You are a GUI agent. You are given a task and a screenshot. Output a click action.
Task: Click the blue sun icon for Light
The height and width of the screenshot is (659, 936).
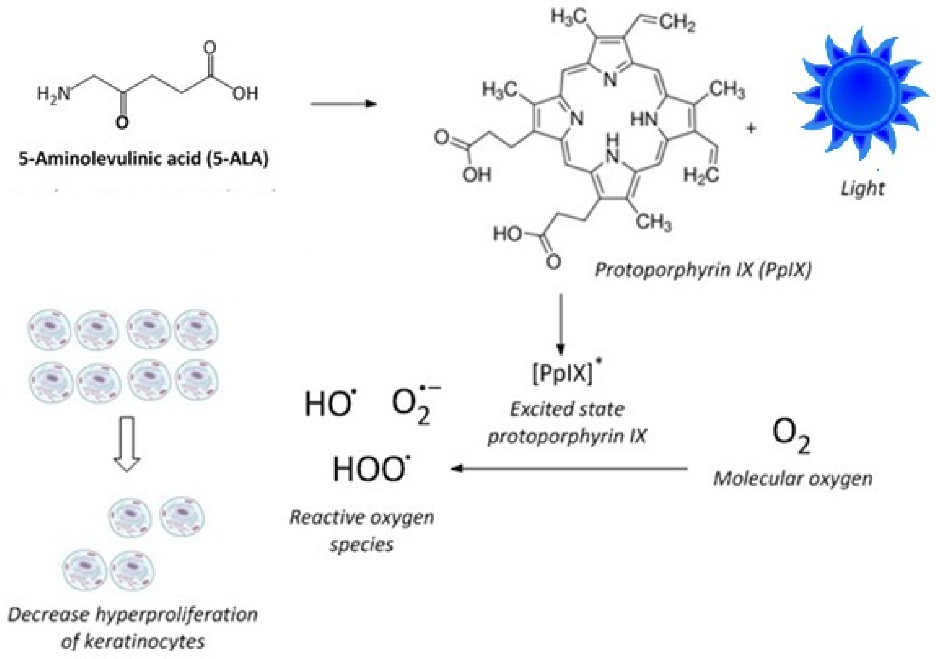pyautogui.click(x=861, y=94)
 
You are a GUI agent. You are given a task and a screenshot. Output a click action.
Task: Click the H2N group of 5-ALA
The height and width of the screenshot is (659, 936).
pyautogui.click(x=53, y=94)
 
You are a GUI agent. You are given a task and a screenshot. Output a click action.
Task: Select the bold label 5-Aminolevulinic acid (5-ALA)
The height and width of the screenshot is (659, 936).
pyautogui.click(x=144, y=159)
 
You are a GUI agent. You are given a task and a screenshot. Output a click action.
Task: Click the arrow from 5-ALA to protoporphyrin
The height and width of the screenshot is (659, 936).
pyautogui.click(x=344, y=104)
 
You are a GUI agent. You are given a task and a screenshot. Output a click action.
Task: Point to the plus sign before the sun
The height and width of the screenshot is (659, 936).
pyautogui.click(x=751, y=129)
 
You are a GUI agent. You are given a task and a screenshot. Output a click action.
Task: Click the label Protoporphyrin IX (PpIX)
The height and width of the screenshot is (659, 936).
pyautogui.click(x=703, y=270)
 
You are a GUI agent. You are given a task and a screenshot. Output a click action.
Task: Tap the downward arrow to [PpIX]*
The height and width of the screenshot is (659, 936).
pyautogui.click(x=561, y=325)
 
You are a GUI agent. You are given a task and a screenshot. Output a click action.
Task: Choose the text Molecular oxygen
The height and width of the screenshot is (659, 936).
pyautogui.click(x=792, y=478)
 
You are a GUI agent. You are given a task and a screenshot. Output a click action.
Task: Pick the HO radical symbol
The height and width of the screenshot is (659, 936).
pyautogui.click(x=330, y=404)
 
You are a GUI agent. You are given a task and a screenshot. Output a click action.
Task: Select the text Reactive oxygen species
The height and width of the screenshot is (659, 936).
pyautogui.click(x=361, y=530)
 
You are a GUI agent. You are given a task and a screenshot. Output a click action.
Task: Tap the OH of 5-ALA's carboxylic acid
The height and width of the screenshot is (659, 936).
pyautogui.click(x=245, y=94)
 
